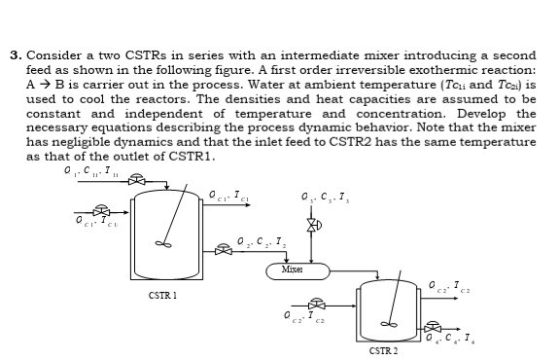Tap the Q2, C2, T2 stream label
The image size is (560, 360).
coord(261,240)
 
